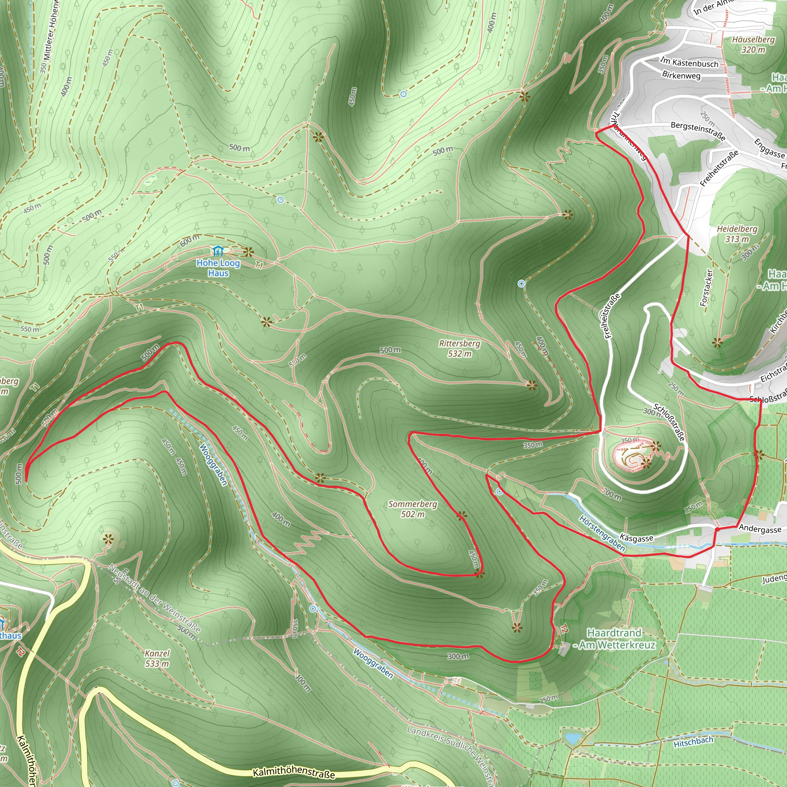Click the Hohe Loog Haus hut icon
[x=218, y=250]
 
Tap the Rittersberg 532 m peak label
[x=460, y=349]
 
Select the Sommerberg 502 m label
[x=413, y=509]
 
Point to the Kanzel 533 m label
[x=157, y=658]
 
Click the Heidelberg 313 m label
[x=737, y=234]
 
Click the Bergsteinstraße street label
[x=698, y=131]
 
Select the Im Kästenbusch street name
[x=689, y=62]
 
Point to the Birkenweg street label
[x=681, y=75]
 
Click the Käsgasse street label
[x=636, y=538]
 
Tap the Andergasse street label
[x=760, y=529]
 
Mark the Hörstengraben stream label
[x=602, y=533]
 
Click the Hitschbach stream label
[x=693, y=742]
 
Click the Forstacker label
[x=707, y=287]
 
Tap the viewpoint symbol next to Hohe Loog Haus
[x=248, y=252]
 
